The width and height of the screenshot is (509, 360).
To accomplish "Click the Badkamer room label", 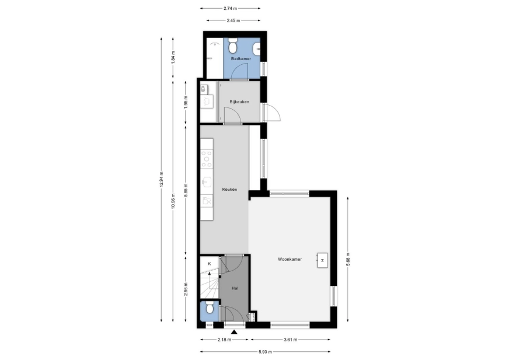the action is (x=241, y=59).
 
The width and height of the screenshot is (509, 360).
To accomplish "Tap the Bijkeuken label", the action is (x=239, y=102).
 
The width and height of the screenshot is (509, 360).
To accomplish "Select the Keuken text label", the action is (x=229, y=189).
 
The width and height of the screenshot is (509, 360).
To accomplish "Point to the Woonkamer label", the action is (x=290, y=259).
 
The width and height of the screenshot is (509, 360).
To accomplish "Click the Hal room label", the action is (x=235, y=288).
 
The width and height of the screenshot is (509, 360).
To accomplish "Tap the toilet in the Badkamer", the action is (x=232, y=46).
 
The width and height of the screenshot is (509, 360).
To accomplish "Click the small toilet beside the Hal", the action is (x=210, y=307).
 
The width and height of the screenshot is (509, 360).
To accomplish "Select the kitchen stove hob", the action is (x=207, y=159).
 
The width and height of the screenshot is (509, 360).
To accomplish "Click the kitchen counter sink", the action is (x=207, y=182).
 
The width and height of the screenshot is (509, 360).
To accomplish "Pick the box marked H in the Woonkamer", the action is (x=322, y=260).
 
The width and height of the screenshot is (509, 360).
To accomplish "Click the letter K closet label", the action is (x=210, y=264).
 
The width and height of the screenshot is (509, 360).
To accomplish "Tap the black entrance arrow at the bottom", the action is (x=234, y=332).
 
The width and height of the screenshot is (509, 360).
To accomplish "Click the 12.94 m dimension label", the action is (x=161, y=180).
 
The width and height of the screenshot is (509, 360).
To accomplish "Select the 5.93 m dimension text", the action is (x=265, y=352).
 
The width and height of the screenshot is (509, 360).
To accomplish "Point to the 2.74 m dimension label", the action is (x=230, y=8).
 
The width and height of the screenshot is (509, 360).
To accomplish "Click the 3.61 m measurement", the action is (x=291, y=340).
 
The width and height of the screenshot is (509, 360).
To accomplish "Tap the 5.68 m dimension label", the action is (x=348, y=260).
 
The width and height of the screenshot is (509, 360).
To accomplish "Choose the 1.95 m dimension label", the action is (x=186, y=103).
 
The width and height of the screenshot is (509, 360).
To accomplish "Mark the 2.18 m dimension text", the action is (x=224, y=340).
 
